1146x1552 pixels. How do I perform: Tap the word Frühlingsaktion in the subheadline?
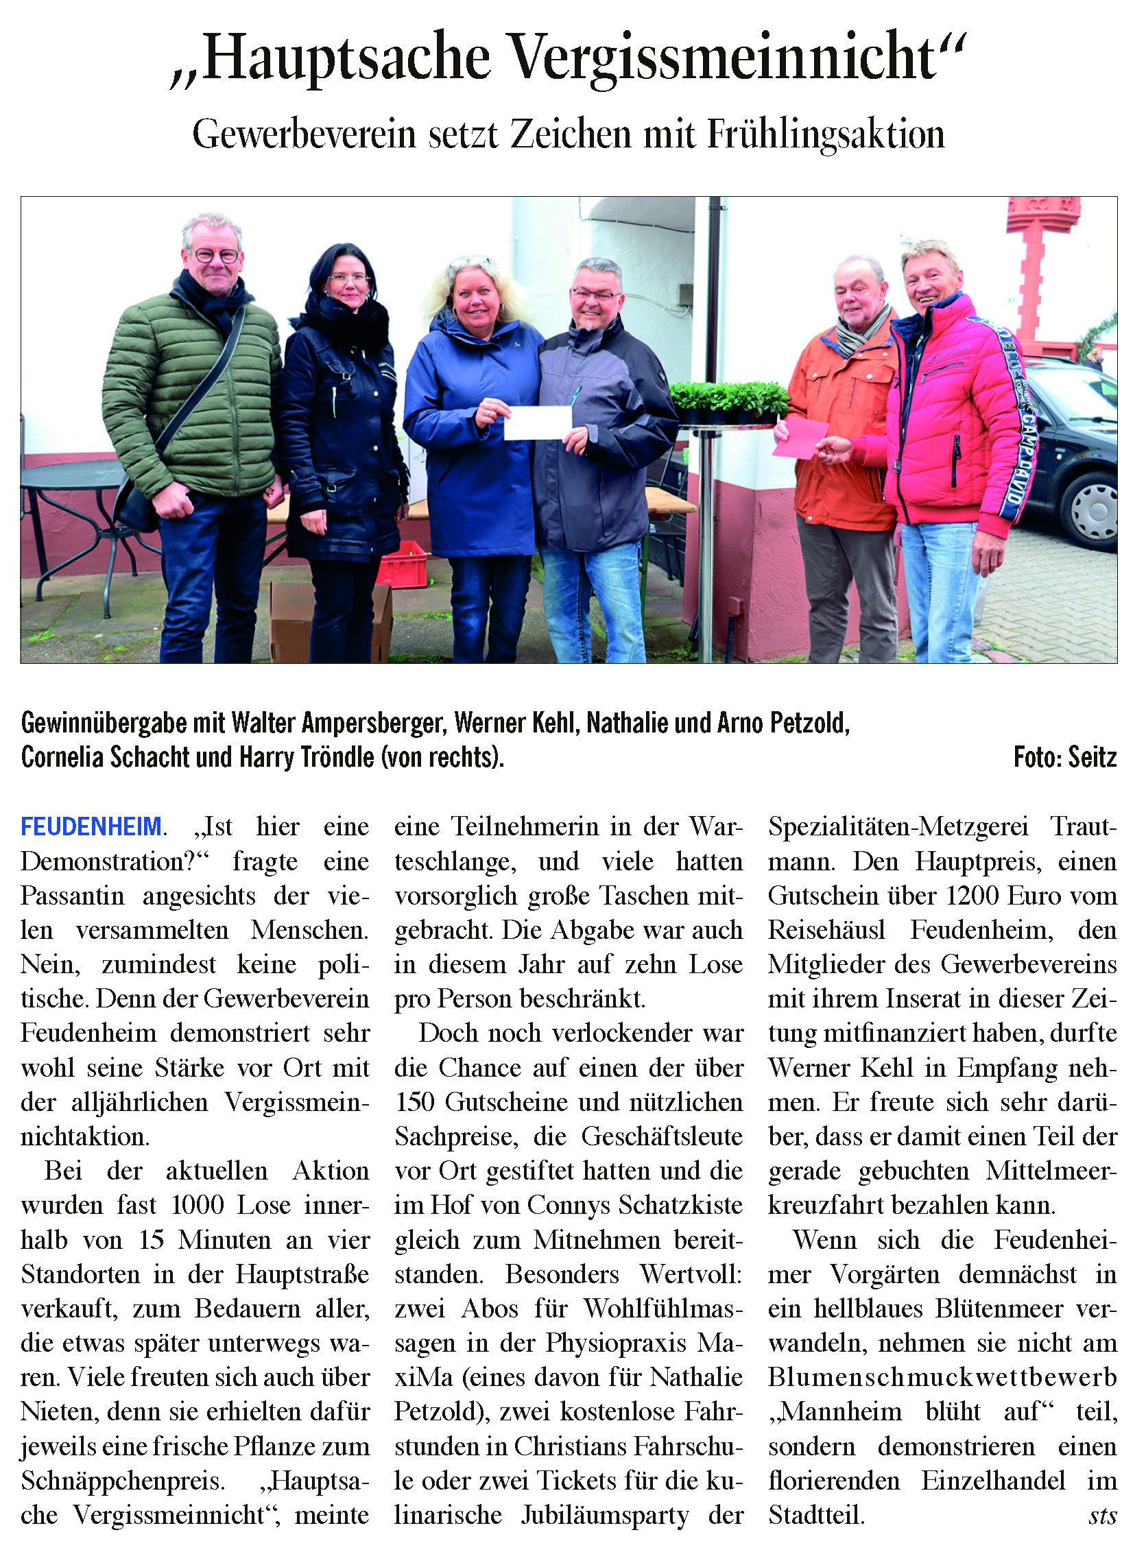coord(826,134)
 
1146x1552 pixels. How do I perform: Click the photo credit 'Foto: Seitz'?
coord(1064,757)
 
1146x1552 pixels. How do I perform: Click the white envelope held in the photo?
coord(538,422)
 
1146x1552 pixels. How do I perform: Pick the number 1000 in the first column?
coord(198,1205)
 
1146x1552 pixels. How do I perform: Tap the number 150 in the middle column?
coord(416,1102)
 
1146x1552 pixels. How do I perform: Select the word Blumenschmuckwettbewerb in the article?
coord(942,1377)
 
